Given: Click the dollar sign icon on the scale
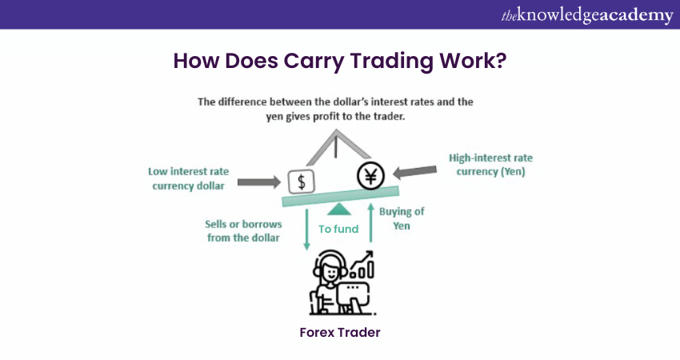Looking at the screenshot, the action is coord(302,182).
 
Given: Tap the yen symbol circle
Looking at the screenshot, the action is coord(370,176).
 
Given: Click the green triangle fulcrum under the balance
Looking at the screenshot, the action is coord(338,210).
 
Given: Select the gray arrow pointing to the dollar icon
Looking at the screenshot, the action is coord(259,182).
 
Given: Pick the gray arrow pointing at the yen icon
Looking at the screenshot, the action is coord(414,172).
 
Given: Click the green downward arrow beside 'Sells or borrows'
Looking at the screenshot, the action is coord(306,230).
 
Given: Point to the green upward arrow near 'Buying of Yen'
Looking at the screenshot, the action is coord(370,222).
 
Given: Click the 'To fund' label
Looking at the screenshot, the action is coord(338,229).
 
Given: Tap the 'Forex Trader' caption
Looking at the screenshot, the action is coord(340,332).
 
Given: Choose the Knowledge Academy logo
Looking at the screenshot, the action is coord(587,15).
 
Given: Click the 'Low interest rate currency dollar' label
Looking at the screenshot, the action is coord(188,178).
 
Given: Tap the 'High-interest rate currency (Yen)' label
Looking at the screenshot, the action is coord(490,165).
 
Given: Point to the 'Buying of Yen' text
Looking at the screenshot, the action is coord(402,218).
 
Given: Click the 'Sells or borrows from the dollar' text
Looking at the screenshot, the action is coord(243,230).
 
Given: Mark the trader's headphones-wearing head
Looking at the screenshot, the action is coord(330,268).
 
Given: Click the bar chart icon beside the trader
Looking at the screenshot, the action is coord(362,266).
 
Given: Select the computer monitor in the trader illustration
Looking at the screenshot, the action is coord(353,294).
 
